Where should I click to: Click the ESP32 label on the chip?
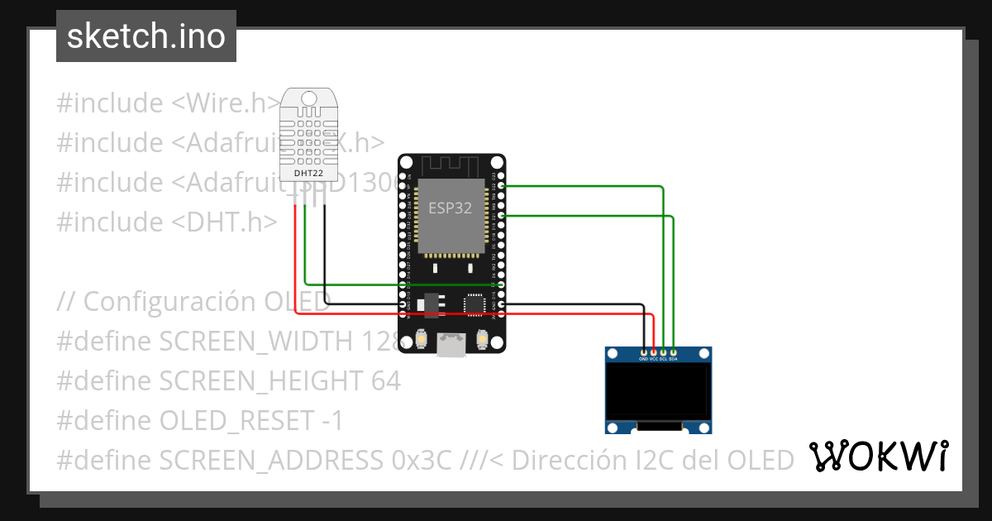450,208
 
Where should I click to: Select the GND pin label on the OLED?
644,359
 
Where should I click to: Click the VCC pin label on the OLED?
654,359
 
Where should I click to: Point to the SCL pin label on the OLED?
664,359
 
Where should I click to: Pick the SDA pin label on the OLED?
674,359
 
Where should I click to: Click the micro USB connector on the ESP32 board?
451,345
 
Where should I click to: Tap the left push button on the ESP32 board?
422,339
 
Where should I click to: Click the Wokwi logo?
878,456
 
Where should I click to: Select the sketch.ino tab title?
146,36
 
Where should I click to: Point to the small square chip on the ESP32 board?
475,304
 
